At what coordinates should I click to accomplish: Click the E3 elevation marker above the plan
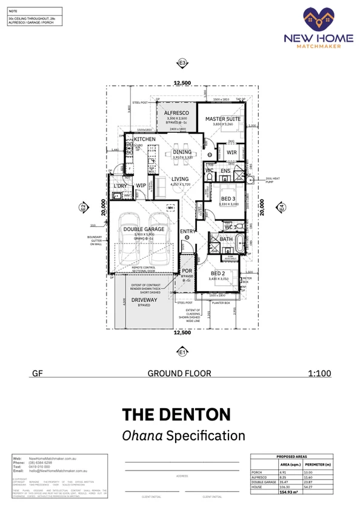coord(182,62)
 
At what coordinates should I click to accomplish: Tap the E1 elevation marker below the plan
coord(182,351)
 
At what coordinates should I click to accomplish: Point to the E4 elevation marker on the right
coord(281,207)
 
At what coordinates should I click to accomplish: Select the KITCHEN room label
coord(145,139)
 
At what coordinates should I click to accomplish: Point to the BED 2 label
coord(218,274)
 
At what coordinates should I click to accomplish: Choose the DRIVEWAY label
coord(144,300)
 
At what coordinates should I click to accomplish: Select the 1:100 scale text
coord(319,374)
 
